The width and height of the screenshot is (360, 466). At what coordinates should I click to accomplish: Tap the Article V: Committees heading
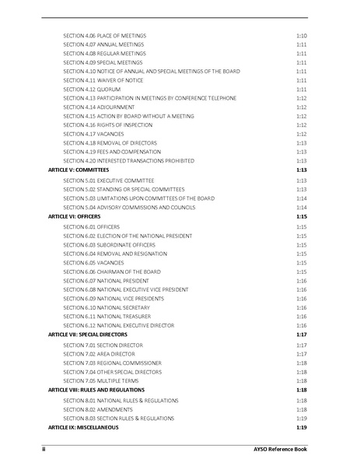[x=78, y=169]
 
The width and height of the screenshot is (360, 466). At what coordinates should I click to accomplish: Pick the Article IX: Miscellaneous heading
[x=83, y=427]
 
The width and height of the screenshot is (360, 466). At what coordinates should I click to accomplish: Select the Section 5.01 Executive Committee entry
[x=108, y=180]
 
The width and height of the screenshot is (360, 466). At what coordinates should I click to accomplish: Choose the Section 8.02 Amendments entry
[x=99, y=409]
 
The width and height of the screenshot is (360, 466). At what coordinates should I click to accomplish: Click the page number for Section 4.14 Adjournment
[x=302, y=107]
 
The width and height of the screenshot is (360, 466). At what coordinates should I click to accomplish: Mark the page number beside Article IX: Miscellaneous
[x=302, y=427]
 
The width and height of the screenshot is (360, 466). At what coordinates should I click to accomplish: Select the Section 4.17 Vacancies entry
[x=96, y=134]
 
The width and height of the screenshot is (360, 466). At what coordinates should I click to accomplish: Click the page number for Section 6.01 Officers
[x=302, y=226]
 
